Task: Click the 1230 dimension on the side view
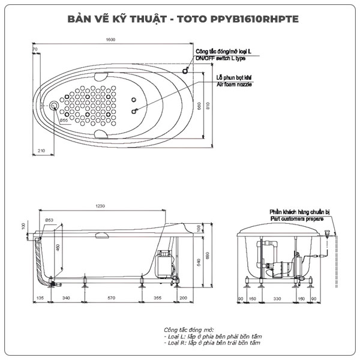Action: (x=100, y=206)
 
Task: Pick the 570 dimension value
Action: (x=111, y=297)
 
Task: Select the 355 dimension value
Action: (x=157, y=297)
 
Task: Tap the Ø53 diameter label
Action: (x=49, y=220)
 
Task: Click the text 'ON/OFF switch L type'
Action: (x=221, y=59)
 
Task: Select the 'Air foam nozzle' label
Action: (x=234, y=85)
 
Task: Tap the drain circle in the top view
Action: (x=55, y=106)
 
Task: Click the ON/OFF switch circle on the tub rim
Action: (x=185, y=70)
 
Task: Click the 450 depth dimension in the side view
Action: (x=58, y=248)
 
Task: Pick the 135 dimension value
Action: (x=40, y=297)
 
